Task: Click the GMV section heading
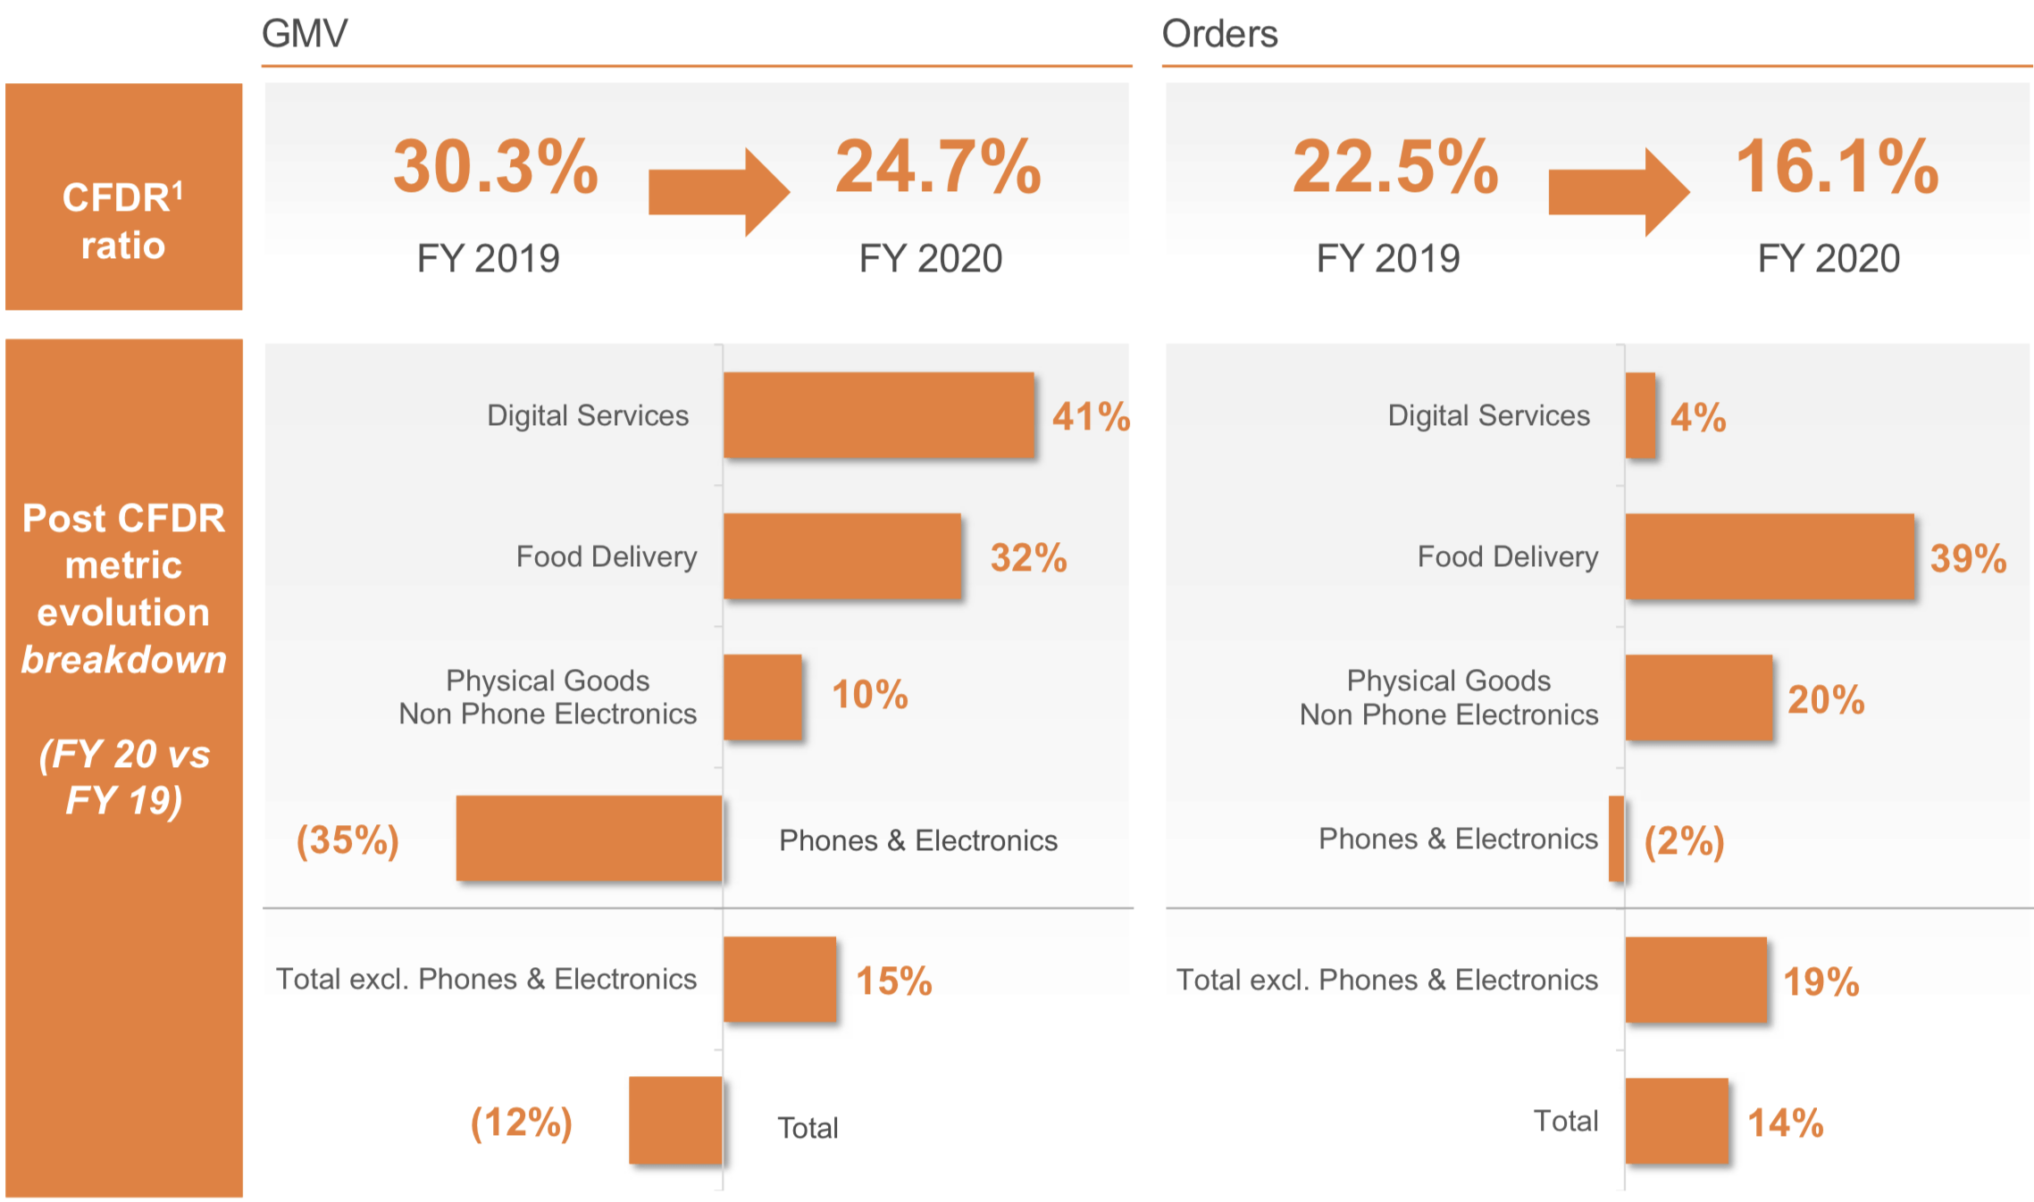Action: coord(304,34)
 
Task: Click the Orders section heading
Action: coord(1219,34)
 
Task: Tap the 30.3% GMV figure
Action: coord(496,167)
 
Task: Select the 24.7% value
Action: coord(938,167)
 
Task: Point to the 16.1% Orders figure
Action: coord(1837,167)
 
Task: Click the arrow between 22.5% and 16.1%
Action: coord(1617,192)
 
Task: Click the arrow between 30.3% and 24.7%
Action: coord(717,192)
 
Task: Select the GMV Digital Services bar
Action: coord(878,415)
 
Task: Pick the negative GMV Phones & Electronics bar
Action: coord(589,838)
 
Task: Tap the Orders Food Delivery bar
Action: coord(1769,555)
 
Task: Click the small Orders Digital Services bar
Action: coord(1640,415)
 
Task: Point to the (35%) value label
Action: coord(347,840)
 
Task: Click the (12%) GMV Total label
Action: coord(522,1123)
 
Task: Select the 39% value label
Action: coord(1968,559)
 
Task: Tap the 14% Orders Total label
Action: coord(1785,1123)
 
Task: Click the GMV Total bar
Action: coord(675,1120)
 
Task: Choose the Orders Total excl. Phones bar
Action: coord(1695,979)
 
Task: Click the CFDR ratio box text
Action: coord(123,221)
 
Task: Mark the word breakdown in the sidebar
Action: coord(123,659)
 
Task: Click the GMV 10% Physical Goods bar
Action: coord(762,697)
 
